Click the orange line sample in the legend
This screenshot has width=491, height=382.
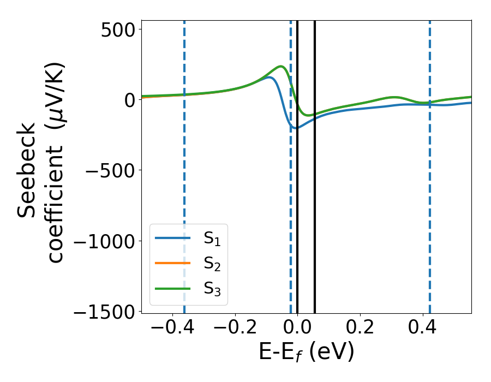tap(173, 264)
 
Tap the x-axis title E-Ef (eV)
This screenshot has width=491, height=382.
tap(306, 352)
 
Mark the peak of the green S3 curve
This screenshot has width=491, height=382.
tap(281, 67)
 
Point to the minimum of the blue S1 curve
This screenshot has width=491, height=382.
tap(295, 128)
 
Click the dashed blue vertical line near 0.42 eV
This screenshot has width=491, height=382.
tap(430, 164)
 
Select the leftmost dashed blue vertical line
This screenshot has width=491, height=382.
tap(184, 164)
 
